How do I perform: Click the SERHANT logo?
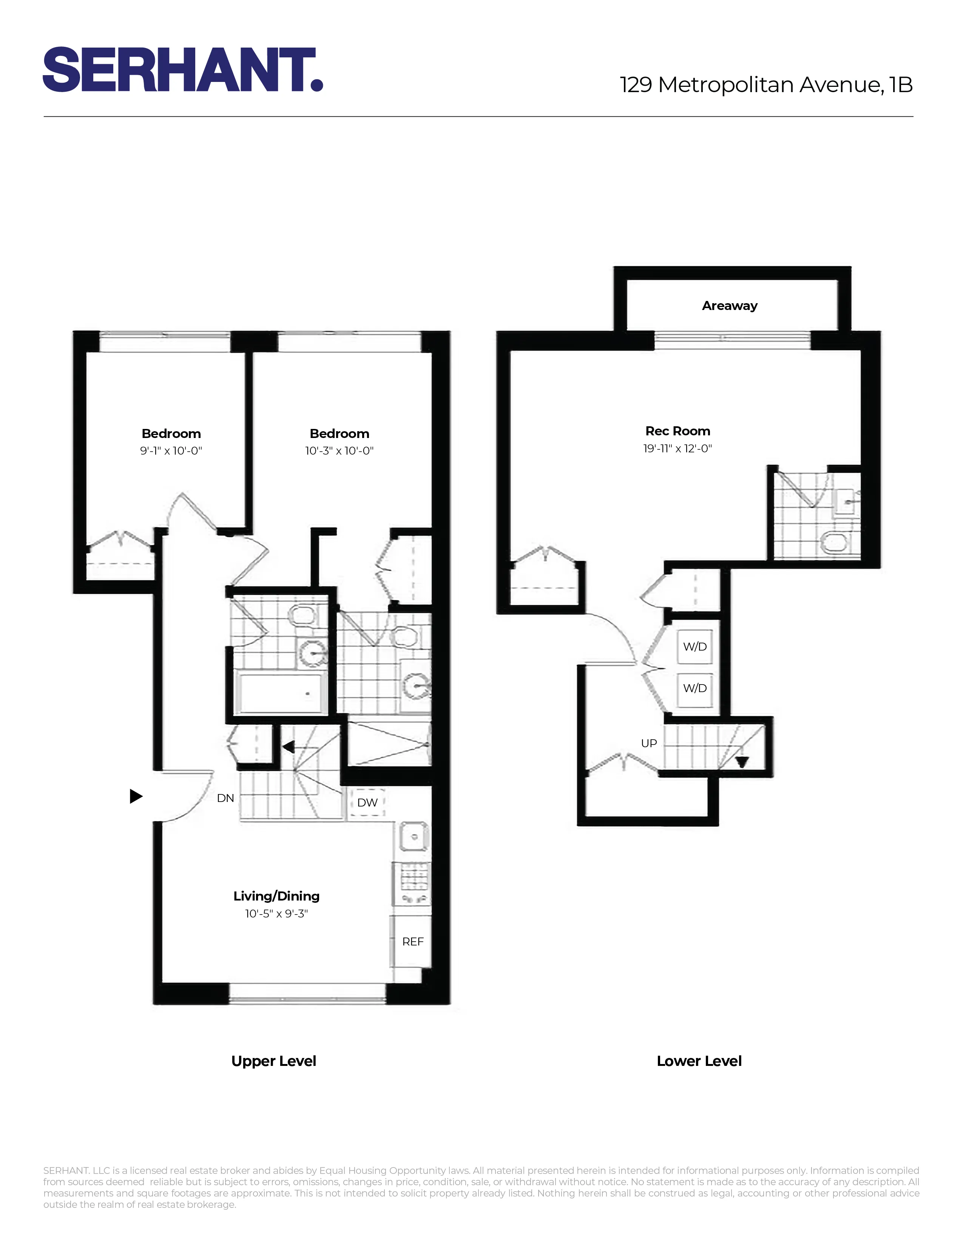click(x=182, y=69)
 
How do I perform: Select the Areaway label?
click(x=729, y=306)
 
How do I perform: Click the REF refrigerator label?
click(x=412, y=941)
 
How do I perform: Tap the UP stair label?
click(x=649, y=743)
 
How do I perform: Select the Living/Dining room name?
click(x=276, y=896)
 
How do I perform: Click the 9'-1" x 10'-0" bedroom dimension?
click(x=171, y=451)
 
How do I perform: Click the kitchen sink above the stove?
click(x=413, y=837)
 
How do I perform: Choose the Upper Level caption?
click(x=273, y=1061)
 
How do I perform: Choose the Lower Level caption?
click(x=699, y=1061)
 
